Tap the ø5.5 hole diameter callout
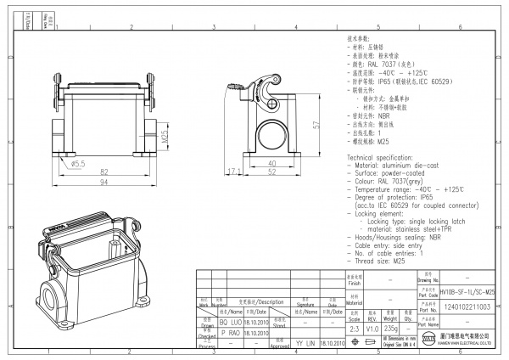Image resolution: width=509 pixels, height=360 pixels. (78, 162)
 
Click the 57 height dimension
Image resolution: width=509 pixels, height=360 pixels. (315, 125)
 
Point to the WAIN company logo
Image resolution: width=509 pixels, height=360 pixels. (429, 340)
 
